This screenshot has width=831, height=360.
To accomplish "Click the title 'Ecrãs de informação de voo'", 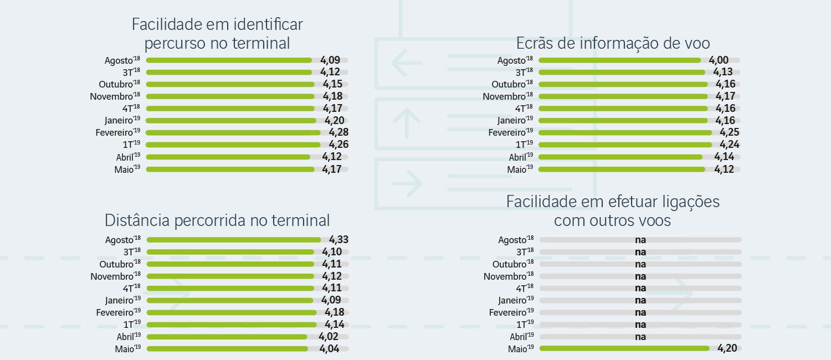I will coord(613,43).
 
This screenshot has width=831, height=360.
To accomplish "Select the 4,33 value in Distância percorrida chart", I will coord(338,240).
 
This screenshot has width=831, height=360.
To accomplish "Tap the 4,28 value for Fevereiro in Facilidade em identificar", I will coord(338,132).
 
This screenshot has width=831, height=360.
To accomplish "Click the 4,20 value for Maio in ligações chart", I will coord(727,348).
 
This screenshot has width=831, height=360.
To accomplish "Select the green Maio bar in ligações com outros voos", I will coord(624,348).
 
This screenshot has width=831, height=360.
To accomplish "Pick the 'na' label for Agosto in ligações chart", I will coord(640,240).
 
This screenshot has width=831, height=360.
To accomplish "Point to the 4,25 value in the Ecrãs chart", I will coord(730,132).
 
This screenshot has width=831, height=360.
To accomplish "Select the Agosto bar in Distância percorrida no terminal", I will coord(233,240).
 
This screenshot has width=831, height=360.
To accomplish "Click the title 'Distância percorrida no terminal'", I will coord(217,220).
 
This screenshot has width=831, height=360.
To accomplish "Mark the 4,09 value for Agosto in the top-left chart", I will coord(330,60).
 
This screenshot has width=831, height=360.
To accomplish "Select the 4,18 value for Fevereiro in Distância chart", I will coord(335,312).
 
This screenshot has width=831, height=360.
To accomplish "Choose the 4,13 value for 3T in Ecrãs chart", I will coord(723,72).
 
